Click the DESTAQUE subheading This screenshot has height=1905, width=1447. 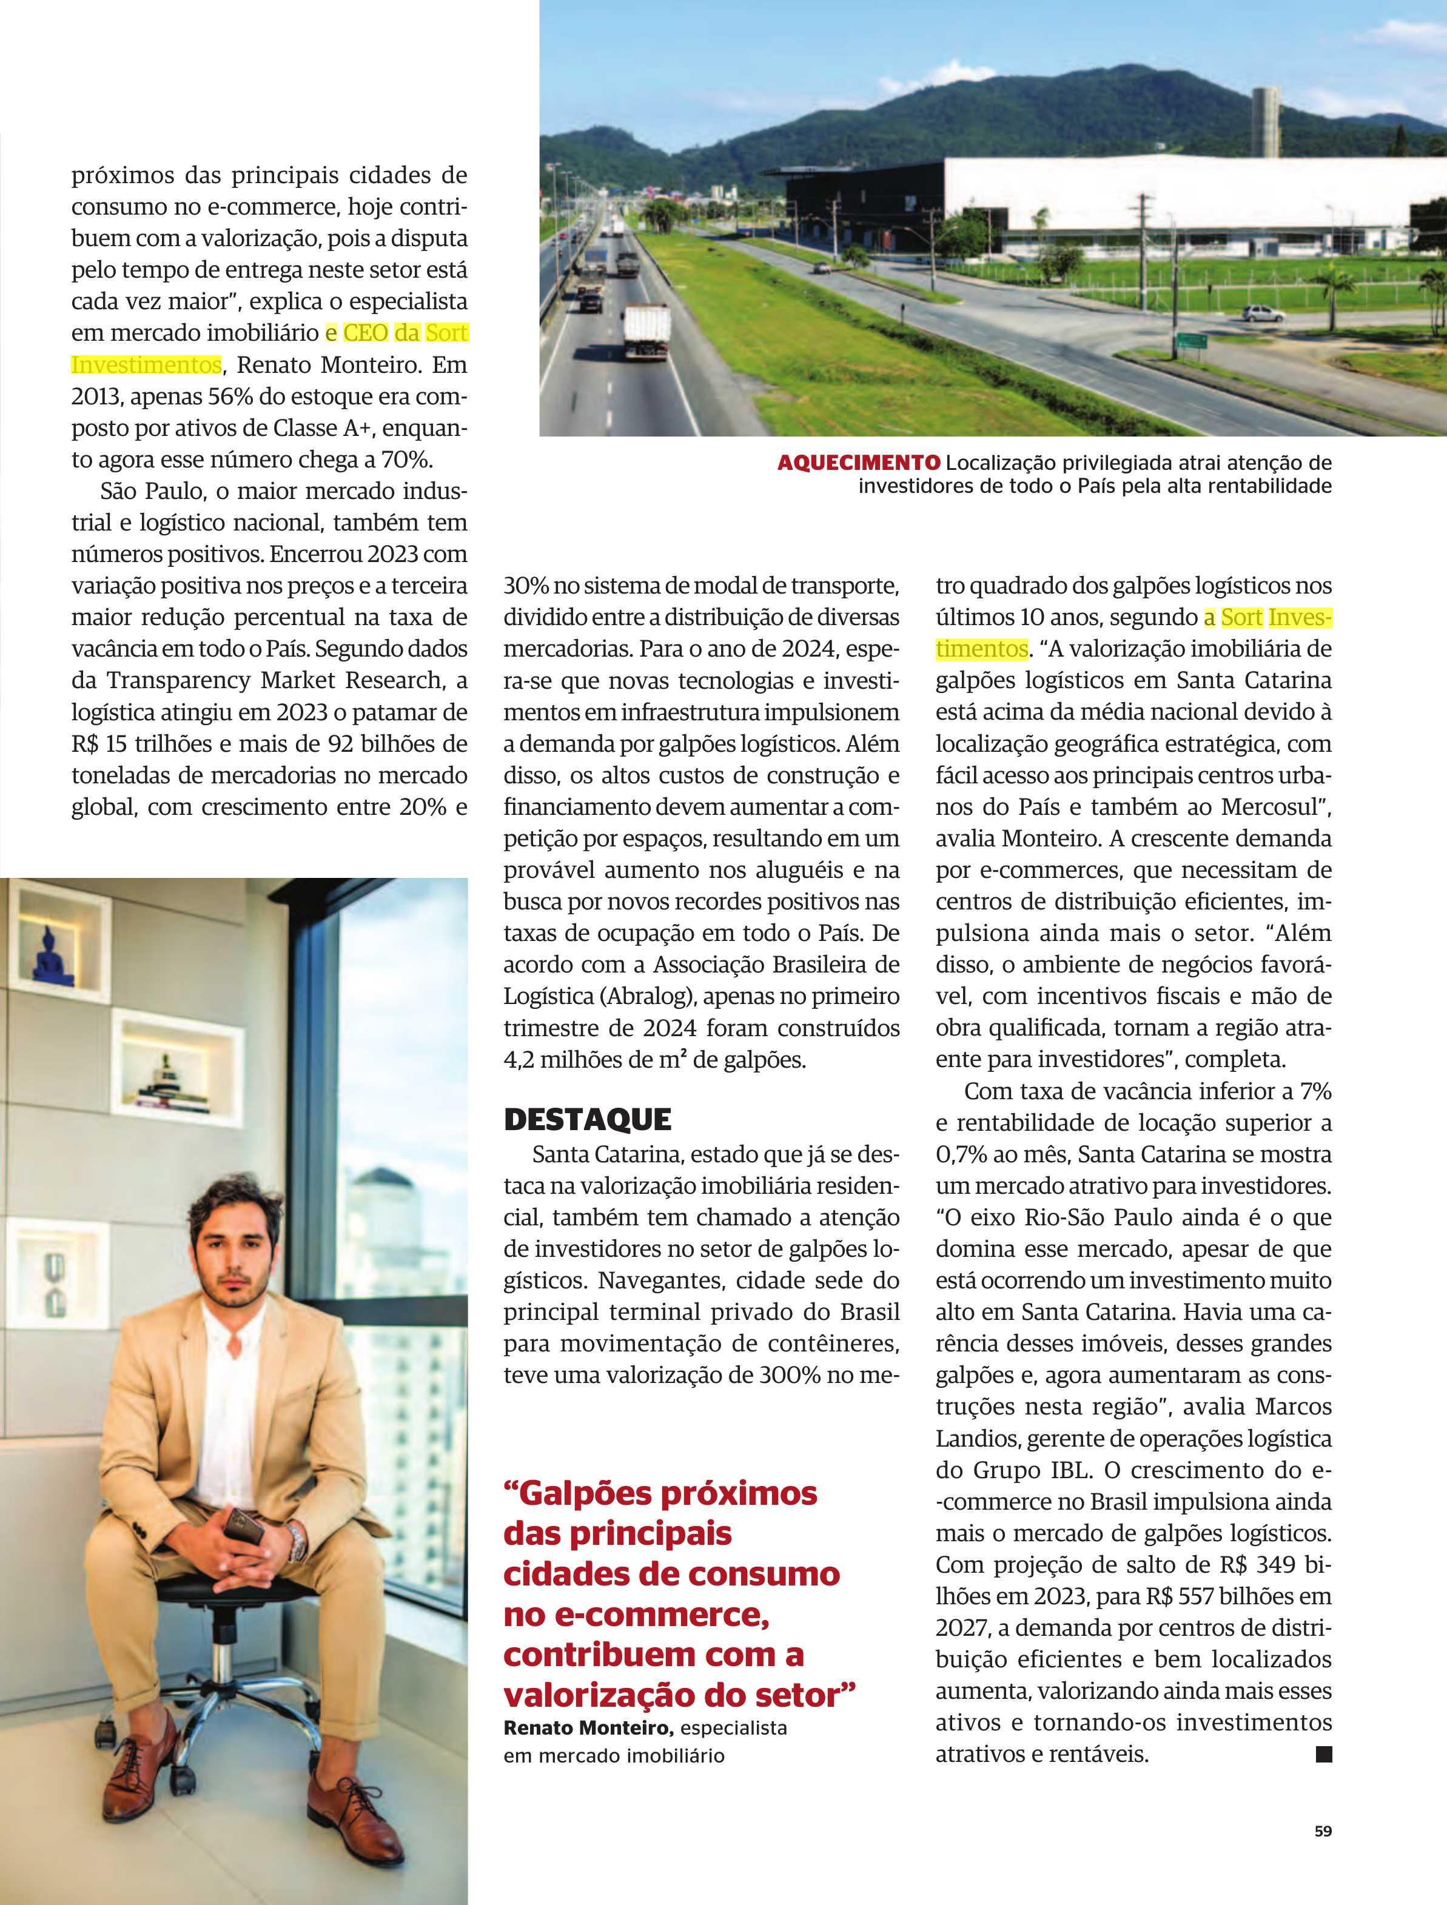click(588, 1120)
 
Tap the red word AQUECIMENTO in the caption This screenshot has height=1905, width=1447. click(858, 463)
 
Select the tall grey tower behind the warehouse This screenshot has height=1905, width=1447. click(1265, 121)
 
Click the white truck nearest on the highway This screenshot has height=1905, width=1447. click(646, 330)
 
